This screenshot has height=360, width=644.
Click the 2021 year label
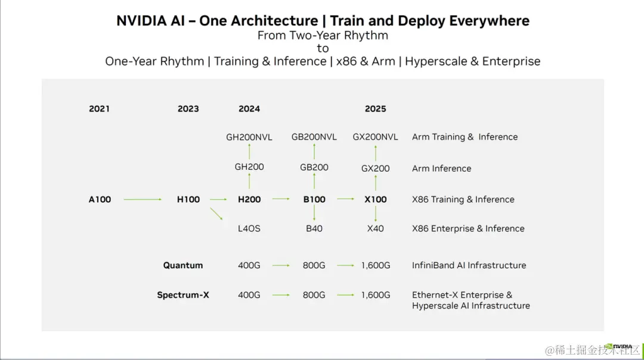click(x=99, y=109)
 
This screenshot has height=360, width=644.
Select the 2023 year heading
click(x=188, y=109)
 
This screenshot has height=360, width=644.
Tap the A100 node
click(x=100, y=200)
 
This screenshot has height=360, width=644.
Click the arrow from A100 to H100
click(x=143, y=200)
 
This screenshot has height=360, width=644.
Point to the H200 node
click(x=249, y=200)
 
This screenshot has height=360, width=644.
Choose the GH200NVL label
click(x=249, y=138)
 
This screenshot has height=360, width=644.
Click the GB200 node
click(x=314, y=167)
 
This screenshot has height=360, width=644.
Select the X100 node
click(x=376, y=200)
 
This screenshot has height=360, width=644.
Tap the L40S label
click(x=249, y=229)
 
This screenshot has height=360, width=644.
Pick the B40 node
click(x=314, y=229)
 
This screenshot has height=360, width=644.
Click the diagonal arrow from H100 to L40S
click(x=216, y=214)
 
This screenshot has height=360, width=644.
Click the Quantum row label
click(x=183, y=266)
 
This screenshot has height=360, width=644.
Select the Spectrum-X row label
click(x=183, y=295)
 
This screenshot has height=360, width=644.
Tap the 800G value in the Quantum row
click(x=314, y=266)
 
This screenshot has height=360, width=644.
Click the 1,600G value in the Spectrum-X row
click(x=376, y=295)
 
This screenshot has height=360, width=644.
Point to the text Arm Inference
click(x=441, y=169)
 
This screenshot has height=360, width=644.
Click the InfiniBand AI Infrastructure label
click(x=469, y=266)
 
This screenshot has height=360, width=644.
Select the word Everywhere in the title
click(x=489, y=21)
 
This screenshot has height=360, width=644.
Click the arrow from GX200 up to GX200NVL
click(x=376, y=153)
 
